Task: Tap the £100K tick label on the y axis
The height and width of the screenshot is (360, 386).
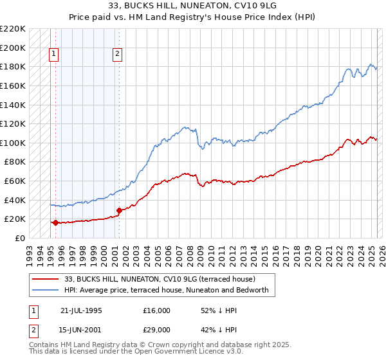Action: [x=13, y=143]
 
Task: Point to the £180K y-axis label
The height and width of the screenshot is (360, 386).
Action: [x=13, y=66]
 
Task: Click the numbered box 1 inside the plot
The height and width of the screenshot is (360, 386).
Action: [x=53, y=55]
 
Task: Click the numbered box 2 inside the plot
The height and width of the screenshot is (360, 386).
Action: [x=118, y=55]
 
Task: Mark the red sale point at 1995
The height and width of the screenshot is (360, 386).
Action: [x=56, y=223]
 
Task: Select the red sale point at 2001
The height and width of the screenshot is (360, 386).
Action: [x=119, y=210]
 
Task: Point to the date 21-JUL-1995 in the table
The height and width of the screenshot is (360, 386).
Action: [x=81, y=310]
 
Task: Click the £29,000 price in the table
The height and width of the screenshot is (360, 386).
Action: [x=157, y=329]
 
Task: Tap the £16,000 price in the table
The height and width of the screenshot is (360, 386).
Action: [x=157, y=310]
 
